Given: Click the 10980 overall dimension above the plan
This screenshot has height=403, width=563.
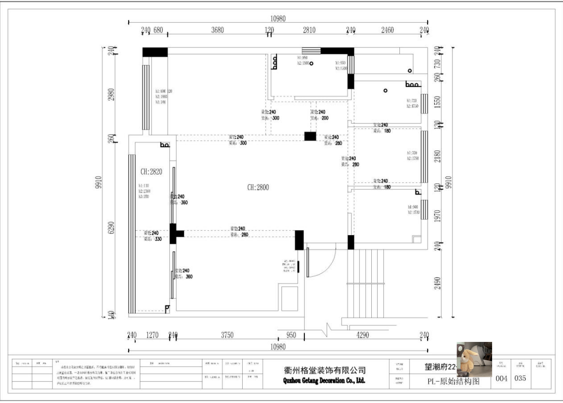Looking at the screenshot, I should (278, 18).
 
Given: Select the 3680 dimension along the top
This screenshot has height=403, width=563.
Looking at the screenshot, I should (217, 30).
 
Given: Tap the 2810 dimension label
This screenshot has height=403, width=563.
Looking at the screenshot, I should (309, 30).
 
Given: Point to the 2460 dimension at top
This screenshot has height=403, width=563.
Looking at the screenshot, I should (387, 30).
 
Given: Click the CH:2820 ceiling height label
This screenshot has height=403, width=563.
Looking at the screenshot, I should (150, 172).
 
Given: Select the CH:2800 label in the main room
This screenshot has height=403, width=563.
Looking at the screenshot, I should (258, 187).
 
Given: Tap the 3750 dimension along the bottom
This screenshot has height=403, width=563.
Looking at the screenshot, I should (227, 335).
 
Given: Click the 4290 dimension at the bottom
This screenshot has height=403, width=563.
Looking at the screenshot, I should (362, 335).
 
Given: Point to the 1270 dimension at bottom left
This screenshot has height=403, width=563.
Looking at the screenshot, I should (152, 335).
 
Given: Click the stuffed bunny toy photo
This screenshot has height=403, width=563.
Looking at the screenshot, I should (474, 359).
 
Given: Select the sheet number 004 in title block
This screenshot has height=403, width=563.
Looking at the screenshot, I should (502, 378).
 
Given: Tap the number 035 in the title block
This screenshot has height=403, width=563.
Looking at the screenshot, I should (520, 378).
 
